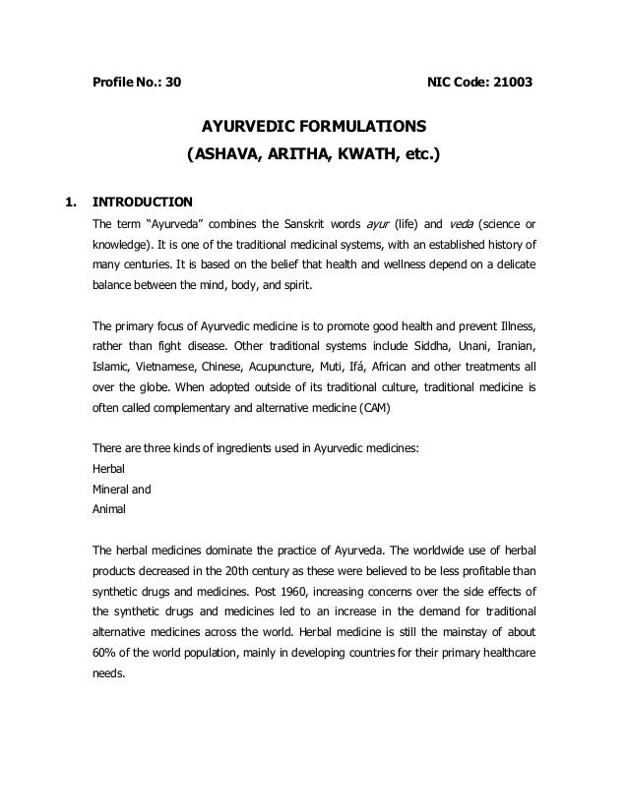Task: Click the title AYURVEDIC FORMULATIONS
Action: click(x=314, y=128)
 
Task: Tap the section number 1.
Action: click(x=69, y=203)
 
